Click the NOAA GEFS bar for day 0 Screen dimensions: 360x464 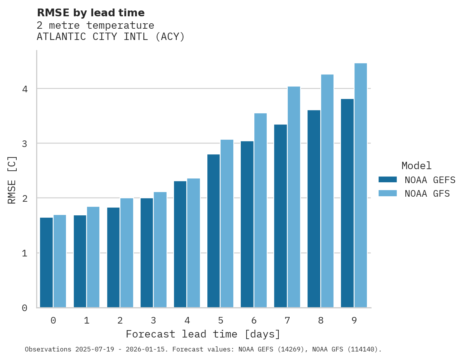pyautogui.click(x=46, y=262)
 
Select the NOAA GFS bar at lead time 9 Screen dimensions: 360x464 pyautogui.click(x=361, y=185)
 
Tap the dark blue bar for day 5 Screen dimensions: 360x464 pyautogui.click(x=214, y=231)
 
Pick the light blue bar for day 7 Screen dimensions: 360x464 pyautogui.click(x=294, y=197)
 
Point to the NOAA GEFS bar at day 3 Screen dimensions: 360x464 pyautogui.click(x=147, y=253)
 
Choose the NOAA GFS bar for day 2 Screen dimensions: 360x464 pyautogui.click(x=127, y=253)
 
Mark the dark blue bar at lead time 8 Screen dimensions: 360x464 pyautogui.click(x=314, y=209)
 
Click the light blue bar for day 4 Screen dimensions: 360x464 pyautogui.click(x=193, y=243)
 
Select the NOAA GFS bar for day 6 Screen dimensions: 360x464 pyautogui.click(x=261, y=210)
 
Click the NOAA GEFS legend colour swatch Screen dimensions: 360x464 pyautogui.click(x=388, y=180)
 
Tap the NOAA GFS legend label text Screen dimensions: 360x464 pyautogui.click(x=427, y=194)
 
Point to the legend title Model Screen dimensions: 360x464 pyautogui.click(x=416, y=166)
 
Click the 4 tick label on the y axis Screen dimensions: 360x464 pyautogui.click(x=24, y=89)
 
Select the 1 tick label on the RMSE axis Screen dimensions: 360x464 pyautogui.click(x=24, y=253)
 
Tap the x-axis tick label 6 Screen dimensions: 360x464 pyautogui.click(x=254, y=320)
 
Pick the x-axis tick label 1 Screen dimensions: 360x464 pyautogui.click(x=87, y=320)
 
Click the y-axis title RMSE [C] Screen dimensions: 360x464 pyautogui.click(x=12, y=180)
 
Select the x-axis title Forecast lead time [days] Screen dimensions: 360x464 pyautogui.click(x=203, y=334)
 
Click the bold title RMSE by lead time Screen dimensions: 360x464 pyautogui.click(x=91, y=13)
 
